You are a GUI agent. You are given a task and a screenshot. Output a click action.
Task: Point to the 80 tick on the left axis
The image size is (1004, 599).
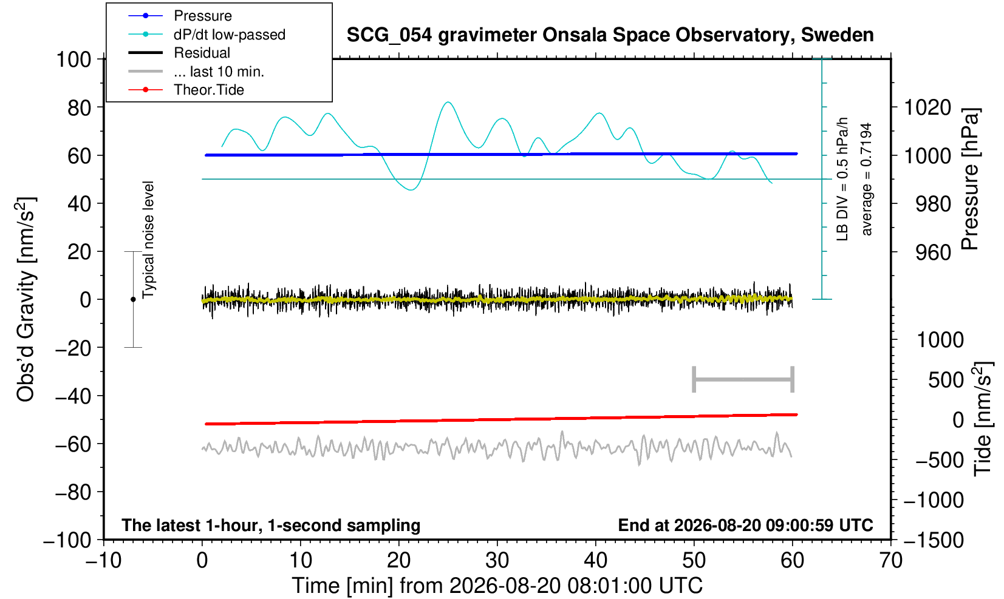tap(80, 107)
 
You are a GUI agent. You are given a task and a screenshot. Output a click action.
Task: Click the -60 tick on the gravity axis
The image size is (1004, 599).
tap(73, 444)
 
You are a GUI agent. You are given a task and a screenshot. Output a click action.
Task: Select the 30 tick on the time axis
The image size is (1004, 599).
tap(497, 561)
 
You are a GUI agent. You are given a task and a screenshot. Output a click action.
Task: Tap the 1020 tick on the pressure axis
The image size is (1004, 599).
tap(927, 107)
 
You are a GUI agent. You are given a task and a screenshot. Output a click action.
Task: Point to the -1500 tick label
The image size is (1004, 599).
tap(934, 540)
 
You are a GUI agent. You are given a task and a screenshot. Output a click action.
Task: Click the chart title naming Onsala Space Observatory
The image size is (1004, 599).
tap(610, 35)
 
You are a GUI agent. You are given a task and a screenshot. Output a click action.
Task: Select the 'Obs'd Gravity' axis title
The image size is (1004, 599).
tap(26, 300)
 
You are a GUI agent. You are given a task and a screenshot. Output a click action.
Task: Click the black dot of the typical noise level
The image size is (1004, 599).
tap(133, 299)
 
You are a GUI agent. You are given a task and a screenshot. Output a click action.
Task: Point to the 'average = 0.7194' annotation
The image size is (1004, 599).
tap(867, 179)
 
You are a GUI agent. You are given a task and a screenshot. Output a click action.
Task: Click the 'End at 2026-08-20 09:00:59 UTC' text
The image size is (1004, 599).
tap(745, 525)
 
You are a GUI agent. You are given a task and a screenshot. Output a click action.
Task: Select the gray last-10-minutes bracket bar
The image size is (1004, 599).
tap(743, 379)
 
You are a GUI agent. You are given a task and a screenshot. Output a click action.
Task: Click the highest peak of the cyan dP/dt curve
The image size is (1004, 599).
tap(448, 102)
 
